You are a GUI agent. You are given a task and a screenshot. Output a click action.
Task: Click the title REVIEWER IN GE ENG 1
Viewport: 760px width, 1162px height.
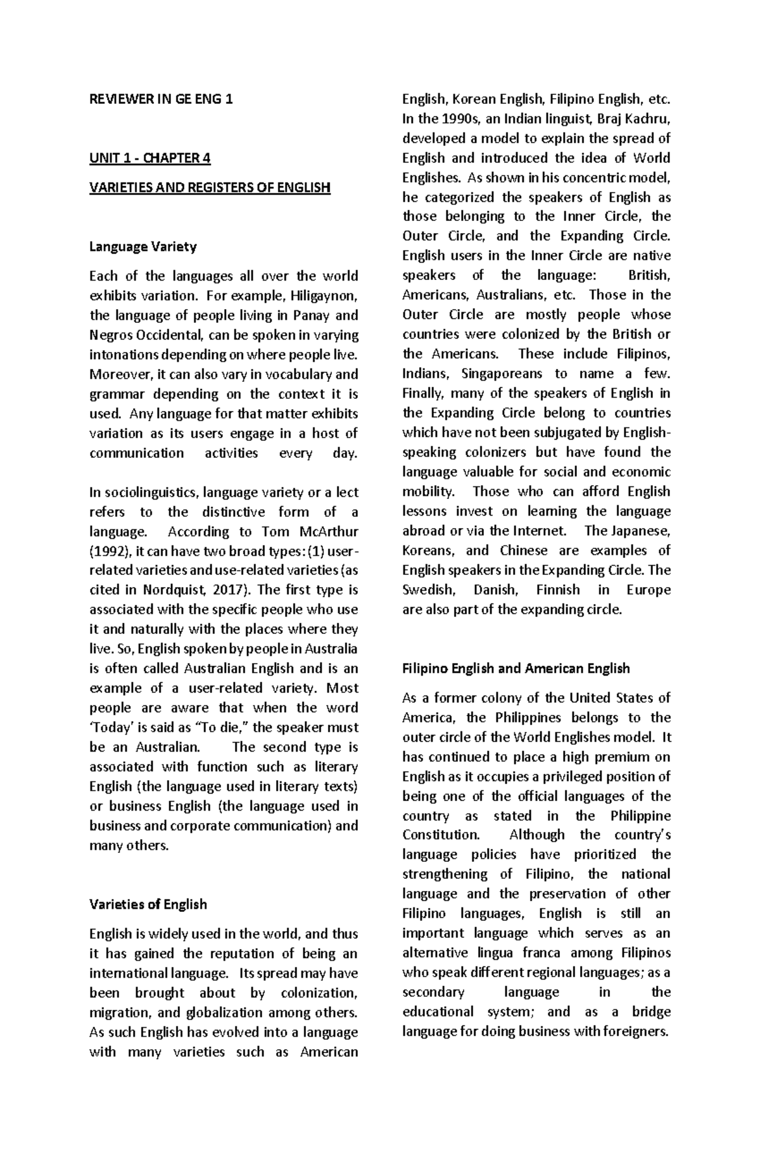pos(161,99)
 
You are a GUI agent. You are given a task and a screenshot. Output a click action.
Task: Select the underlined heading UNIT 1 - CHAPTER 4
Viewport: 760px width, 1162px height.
pos(149,158)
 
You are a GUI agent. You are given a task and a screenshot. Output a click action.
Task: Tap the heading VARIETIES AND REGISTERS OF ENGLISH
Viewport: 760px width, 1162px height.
pos(210,187)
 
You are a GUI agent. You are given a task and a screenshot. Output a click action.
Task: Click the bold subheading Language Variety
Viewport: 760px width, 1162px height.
pos(142,246)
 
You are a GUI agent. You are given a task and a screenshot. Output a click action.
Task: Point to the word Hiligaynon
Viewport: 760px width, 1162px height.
pos(324,296)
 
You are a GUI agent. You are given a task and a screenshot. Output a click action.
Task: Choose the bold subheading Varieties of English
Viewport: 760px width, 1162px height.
pos(148,904)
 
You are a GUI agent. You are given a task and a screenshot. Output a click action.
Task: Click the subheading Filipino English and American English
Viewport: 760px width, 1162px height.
pos(516,668)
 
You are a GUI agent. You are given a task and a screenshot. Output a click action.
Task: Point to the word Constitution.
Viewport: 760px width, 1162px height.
pos(442,835)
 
